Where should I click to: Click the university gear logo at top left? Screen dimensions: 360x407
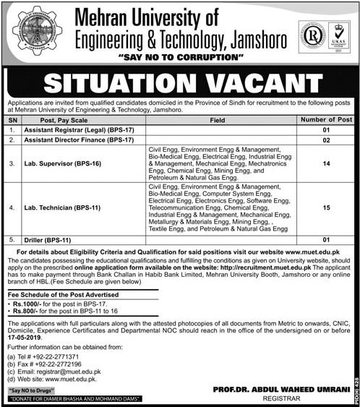click(37, 32)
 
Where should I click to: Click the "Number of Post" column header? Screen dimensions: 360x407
click(325, 119)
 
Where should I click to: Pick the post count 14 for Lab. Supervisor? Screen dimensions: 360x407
click(325, 164)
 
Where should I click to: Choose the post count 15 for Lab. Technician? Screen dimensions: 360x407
click(325, 208)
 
